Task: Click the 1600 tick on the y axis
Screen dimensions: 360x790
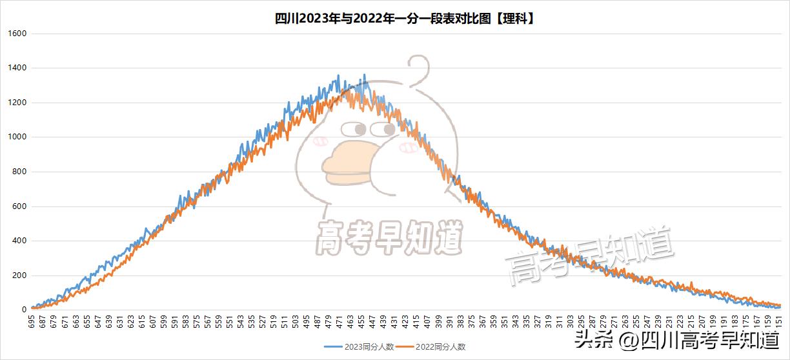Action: [x=16, y=34]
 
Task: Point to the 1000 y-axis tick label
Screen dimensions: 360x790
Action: [x=16, y=137]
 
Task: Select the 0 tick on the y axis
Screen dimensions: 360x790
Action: [x=22, y=310]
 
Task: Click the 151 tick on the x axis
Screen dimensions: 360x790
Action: [x=779, y=322]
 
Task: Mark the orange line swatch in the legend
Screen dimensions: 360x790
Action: [x=409, y=347]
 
